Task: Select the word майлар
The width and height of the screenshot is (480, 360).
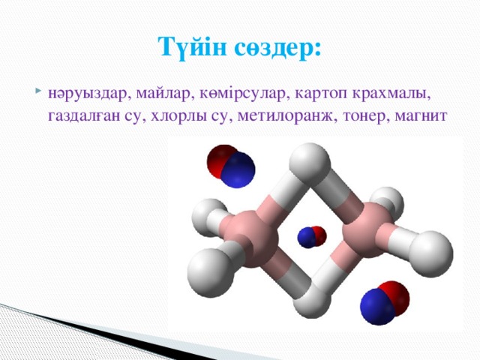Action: (x=166, y=95)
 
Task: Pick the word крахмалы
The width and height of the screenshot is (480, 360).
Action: (x=395, y=95)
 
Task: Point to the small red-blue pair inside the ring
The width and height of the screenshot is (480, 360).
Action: (x=312, y=236)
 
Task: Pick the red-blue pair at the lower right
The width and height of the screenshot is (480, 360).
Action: (x=384, y=301)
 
